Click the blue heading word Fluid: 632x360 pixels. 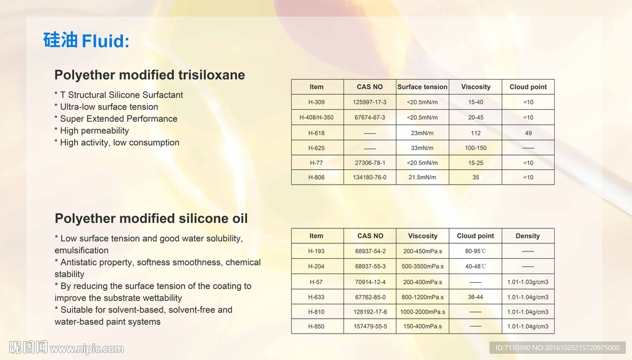[106, 41]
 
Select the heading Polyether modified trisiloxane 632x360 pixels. [149, 75]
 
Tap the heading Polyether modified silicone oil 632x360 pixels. [151, 219]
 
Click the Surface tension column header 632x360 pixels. [422, 86]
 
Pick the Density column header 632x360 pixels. [528, 236]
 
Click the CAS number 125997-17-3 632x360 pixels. [370, 102]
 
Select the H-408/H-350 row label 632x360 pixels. [317, 117]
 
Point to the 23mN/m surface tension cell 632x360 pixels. [422, 133]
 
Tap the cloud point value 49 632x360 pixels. [528, 133]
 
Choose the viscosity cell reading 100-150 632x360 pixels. [476, 148]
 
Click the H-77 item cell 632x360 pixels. [317, 163]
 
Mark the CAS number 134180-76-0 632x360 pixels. [370, 177]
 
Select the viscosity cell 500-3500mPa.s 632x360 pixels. [422, 267]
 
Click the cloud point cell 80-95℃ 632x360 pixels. [476, 251]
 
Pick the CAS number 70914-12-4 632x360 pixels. [370, 282]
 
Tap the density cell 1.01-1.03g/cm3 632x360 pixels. [528, 282]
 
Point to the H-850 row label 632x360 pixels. [316, 327]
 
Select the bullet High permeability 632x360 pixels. [92, 131]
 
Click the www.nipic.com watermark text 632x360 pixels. [86, 349]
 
